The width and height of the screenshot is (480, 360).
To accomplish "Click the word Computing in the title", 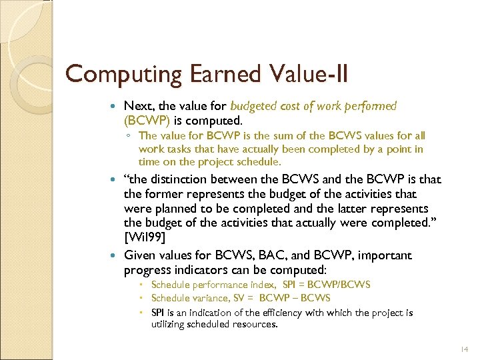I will pos(114,75).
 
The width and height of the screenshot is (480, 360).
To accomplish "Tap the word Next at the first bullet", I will pos(137,106).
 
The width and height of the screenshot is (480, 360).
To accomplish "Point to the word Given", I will pos(139,255).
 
